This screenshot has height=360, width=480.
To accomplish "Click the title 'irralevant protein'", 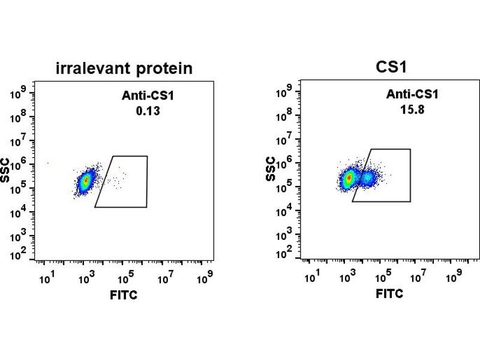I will pos(124,68).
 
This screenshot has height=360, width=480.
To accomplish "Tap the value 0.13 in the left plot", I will pos(143,110).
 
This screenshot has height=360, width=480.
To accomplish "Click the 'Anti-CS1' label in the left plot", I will pos(143,95).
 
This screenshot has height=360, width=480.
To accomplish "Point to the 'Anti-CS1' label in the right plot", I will pos(412,95).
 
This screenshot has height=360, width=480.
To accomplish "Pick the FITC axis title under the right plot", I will pos(389,294).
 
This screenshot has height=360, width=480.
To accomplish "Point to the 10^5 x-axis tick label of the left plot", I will pos(125,278).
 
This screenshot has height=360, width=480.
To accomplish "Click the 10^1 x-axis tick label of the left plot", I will pos(46,278).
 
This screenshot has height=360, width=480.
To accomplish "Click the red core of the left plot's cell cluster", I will pos(86,179).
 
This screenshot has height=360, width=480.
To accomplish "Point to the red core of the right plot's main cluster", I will pos(349,178).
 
